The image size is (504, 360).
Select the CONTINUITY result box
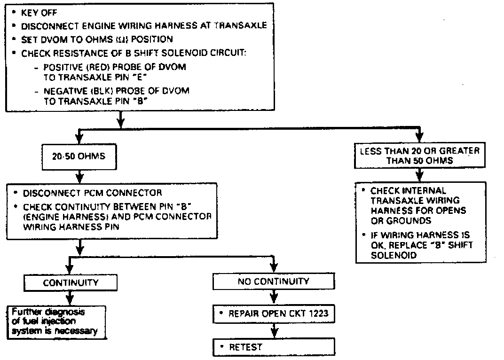click(71, 282)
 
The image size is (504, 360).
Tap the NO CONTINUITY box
click(274, 282)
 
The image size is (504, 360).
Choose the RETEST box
click(274, 347)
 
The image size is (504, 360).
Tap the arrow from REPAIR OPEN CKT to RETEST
click(274, 332)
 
